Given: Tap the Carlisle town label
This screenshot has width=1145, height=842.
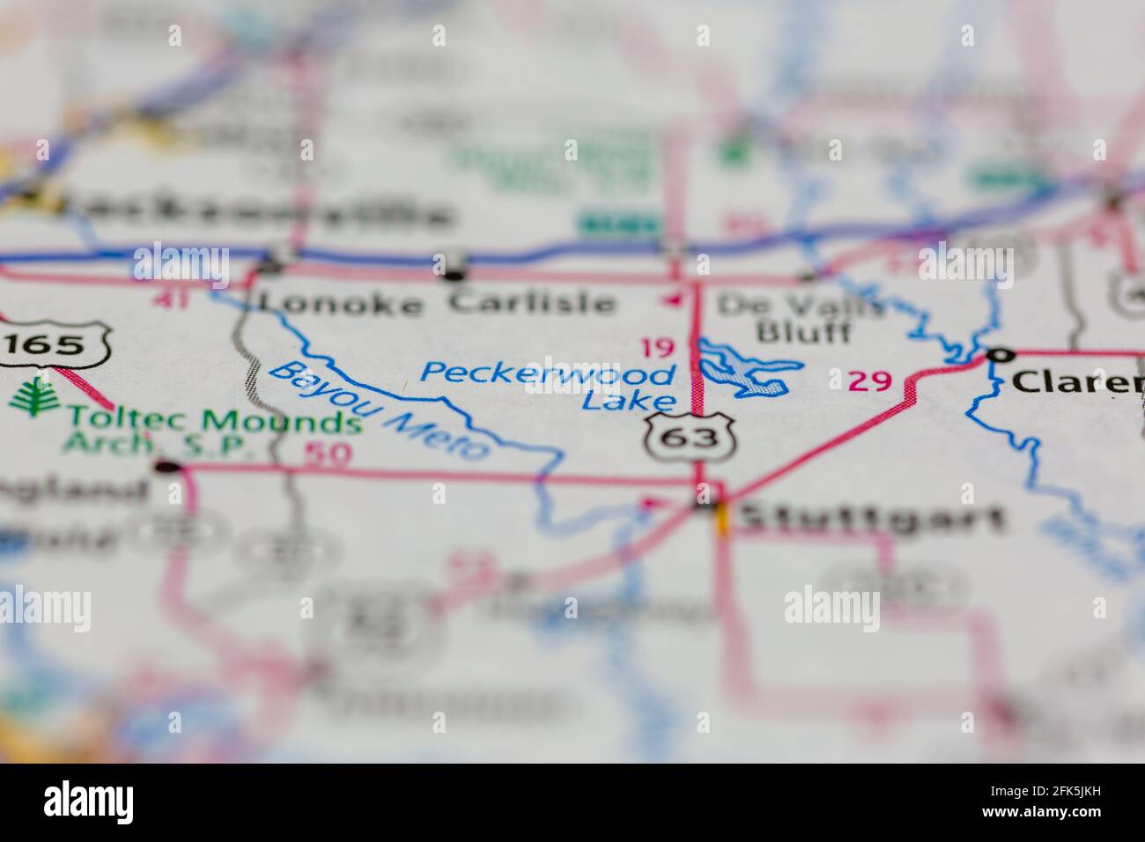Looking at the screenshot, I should pyautogui.click(x=531, y=302).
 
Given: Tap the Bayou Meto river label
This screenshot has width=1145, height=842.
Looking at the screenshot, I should pyautogui.click(x=378, y=410).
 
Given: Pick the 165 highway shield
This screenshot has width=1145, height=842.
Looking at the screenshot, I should pyautogui.click(x=55, y=344).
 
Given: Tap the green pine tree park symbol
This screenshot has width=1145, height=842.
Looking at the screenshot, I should pyautogui.click(x=30, y=395).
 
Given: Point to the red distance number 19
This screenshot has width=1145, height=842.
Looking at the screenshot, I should pyautogui.click(x=656, y=348).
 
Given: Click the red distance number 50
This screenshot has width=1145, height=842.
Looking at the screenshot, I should pyautogui.click(x=329, y=454).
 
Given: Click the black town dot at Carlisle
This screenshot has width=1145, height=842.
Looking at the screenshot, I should pyautogui.click(x=454, y=275).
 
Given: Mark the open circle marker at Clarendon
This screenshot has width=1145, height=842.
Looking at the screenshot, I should pyautogui.click(x=998, y=355).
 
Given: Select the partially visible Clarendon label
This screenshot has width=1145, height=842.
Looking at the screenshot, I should pyautogui.click(x=1077, y=382).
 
